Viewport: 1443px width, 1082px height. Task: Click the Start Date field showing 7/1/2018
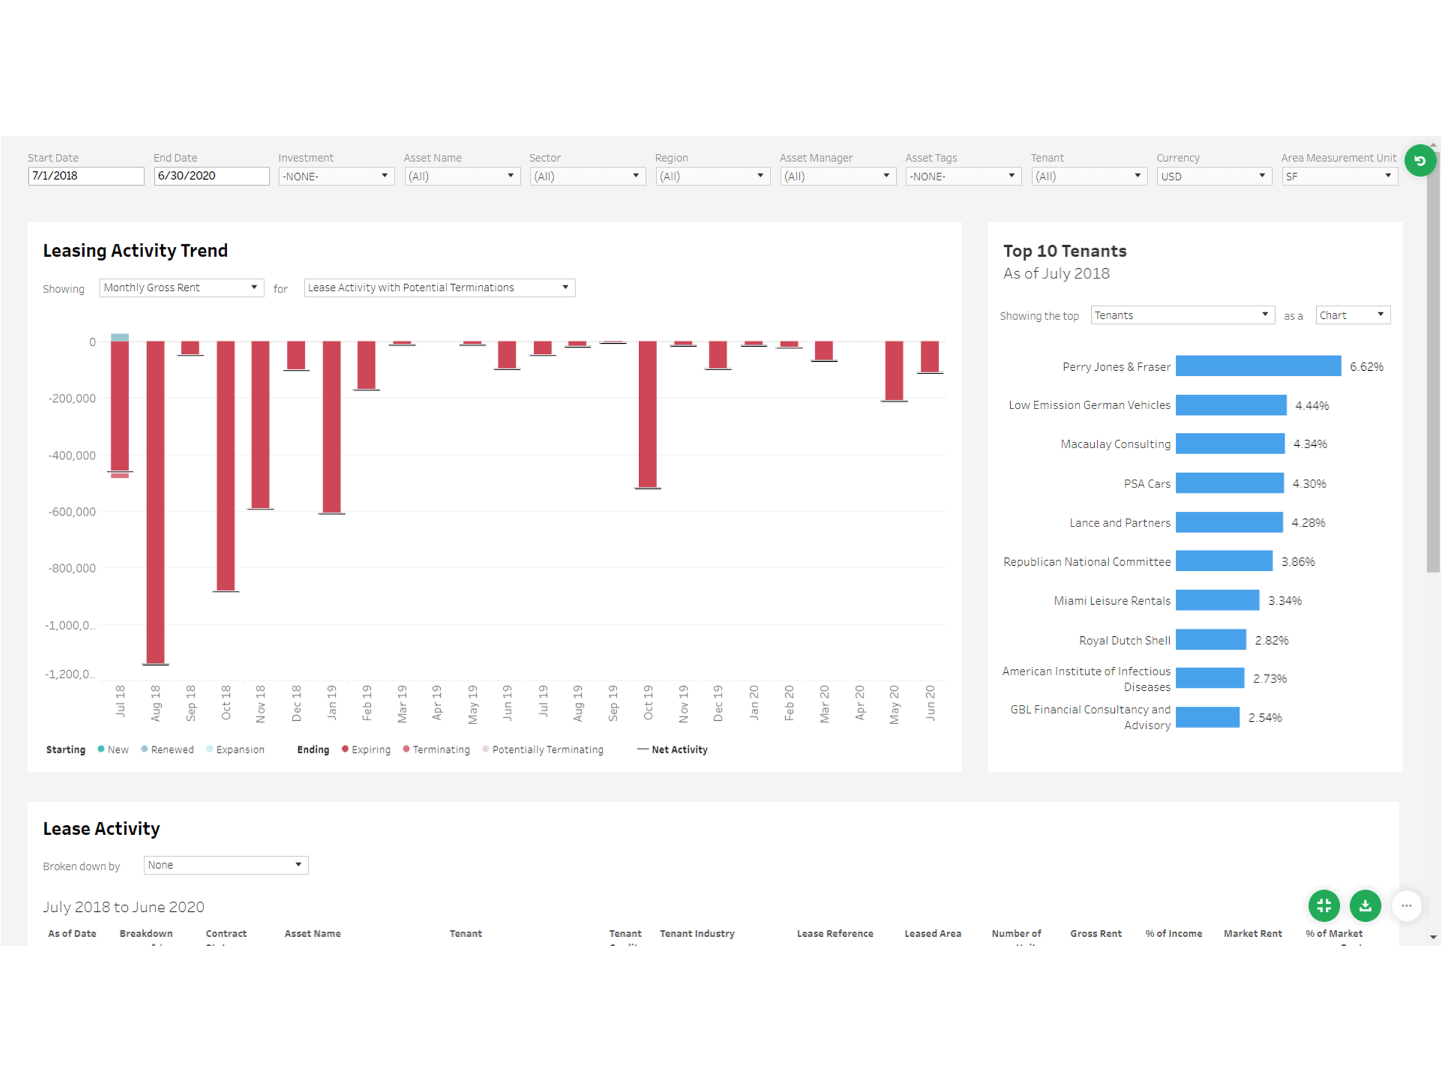tap(86, 176)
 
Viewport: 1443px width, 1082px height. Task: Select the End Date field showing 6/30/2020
tap(211, 176)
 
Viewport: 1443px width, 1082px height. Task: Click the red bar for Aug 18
tap(155, 502)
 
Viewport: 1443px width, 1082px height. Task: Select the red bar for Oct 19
tap(647, 414)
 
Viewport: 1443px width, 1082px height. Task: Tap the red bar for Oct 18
tap(225, 465)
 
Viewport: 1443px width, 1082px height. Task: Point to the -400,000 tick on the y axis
tap(72, 455)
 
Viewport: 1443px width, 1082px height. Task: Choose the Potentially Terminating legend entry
tap(547, 750)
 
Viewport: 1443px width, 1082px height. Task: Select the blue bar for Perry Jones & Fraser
tap(1258, 366)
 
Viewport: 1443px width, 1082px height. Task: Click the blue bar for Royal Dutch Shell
tap(1211, 640)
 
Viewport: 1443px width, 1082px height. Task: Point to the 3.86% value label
tap(1298, 561)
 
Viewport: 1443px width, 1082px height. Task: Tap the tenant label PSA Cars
tap(1147, 484)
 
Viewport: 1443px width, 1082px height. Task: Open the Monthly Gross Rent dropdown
tap(182, 287)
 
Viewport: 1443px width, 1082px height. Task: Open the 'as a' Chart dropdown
tap(1352, 316)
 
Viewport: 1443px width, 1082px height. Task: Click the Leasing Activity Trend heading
tap(135, 251)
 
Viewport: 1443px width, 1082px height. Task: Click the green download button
tap(1365, 905)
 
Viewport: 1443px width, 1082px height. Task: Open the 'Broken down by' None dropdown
tap(225, 866)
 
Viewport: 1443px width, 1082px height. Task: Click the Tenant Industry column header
tap(697, 934)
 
